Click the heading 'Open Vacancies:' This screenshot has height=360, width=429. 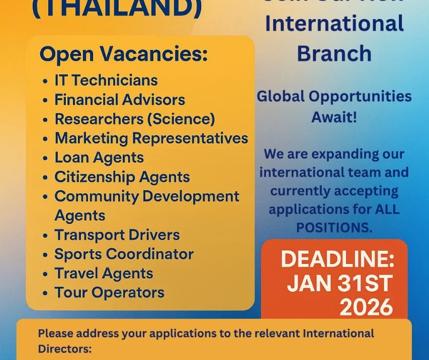123,54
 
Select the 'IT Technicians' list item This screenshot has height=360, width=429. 106,80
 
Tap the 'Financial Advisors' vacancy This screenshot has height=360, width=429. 120,100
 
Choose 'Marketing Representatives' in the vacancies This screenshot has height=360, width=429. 151,138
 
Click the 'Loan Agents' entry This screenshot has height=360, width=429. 99,158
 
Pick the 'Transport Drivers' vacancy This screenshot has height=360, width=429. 117,235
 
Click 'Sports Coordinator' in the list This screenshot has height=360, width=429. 124,254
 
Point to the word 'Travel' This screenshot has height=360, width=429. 75,273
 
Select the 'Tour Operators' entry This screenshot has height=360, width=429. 109,293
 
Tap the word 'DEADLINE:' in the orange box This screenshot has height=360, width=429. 337,260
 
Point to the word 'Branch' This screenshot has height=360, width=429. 334,53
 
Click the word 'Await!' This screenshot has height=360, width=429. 333,117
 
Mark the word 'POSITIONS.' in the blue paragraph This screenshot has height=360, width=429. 334,227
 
